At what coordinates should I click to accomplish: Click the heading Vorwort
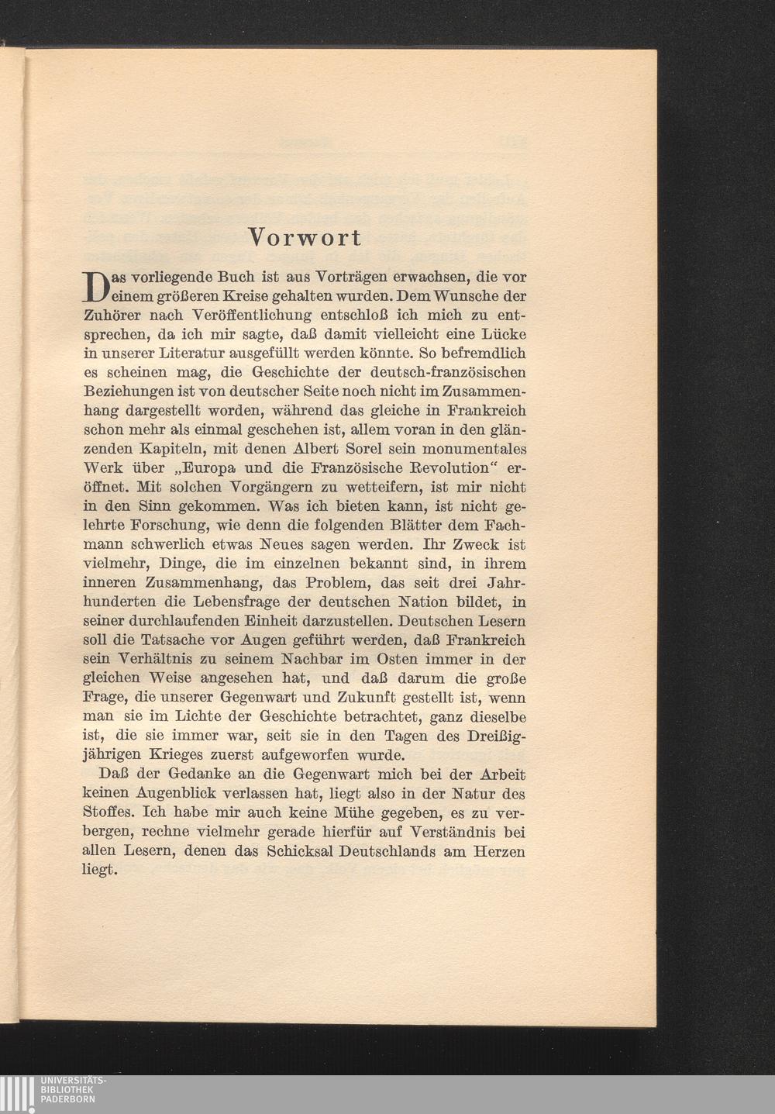[304, 237]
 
